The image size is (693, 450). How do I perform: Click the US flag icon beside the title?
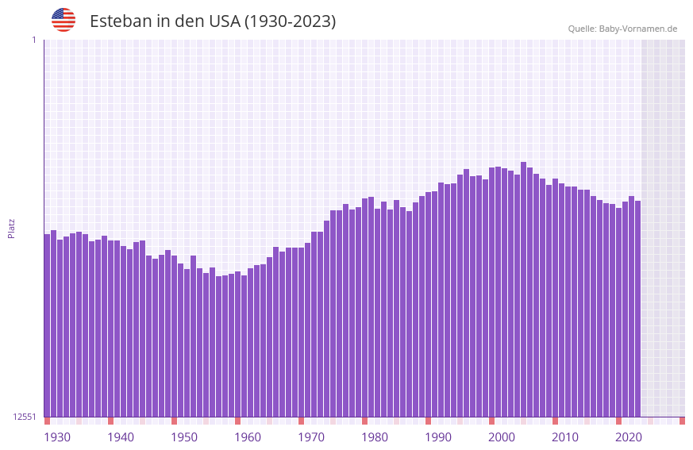tap(64, 20)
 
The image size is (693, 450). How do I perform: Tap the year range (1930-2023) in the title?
tap(290, 21)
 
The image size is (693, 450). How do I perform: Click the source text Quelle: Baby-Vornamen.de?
tap(622, 29)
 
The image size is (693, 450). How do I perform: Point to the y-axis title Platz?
tap(11, 228)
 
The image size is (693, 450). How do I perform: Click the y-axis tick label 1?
tap(33, 40)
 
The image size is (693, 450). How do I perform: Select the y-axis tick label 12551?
tap(25, 417)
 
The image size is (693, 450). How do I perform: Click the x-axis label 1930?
tap(57, 437)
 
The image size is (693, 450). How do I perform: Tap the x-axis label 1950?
tap(184, 437)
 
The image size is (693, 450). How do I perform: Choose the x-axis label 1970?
tap(311, 437)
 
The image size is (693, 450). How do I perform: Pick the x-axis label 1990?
tap(438, 437)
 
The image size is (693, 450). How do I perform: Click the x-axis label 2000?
tap(502, 437)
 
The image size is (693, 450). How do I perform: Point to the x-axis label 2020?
tap(629, 437)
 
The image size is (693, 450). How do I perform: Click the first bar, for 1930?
tap(48, 325)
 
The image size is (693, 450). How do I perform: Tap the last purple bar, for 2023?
tap(637, 309)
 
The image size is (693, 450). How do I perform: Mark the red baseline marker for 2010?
tap(555, 421)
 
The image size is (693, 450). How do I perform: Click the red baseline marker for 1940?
tap(110, 421)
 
